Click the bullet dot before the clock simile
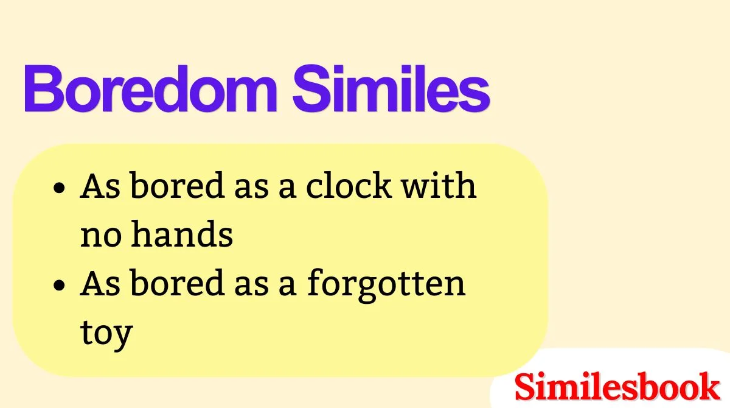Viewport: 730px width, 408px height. point(59,189)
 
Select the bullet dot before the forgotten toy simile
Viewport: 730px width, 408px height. point(59,285)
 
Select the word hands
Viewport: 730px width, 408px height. point(183,234)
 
